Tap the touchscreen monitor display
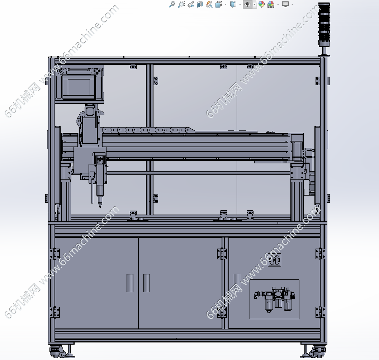(79, 87)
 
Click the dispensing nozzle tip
(100, 205)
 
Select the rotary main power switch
(275, 260)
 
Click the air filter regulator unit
(274, 299)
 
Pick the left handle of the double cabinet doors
(130, 283)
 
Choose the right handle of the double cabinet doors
(147, 283)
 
